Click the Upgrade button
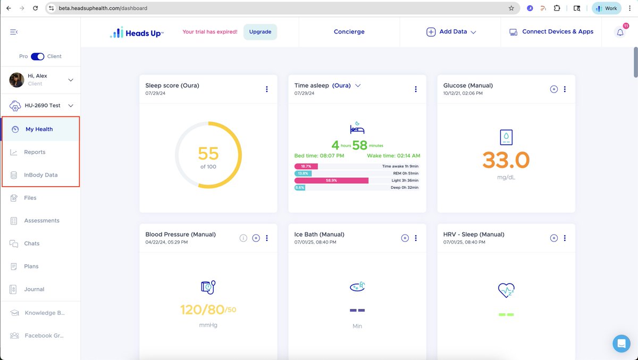[260, 32]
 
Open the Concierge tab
[349, 32]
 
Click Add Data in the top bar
[451, 32]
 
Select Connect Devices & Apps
[551, 32]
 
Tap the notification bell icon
[620, 32]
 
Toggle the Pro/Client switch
[37, 56]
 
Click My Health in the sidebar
[39, 129]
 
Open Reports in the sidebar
[35, 152]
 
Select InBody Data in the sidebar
[40, 175]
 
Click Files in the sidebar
[30, 198]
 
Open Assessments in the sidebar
[41, 221]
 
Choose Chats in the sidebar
[31, 244]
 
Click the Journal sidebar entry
[33, 289]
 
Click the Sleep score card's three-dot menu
[267, 89]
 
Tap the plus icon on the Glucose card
[553, 89]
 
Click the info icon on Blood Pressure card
[244, 238]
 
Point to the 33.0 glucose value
[506, 160]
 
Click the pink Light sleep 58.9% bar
[331, 181]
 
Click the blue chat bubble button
[621, 343]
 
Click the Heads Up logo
[137, 32]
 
